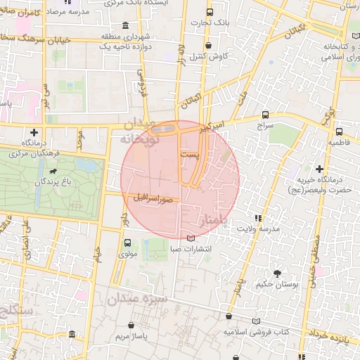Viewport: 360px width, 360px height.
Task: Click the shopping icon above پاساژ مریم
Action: [x=133, y=325]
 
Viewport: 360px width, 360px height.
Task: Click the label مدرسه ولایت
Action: [x=258, y=229]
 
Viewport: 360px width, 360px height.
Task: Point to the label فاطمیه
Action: [x=339, y=142]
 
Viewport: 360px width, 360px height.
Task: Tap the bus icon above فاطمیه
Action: [x=339, y=131]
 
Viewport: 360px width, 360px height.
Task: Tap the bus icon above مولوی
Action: [x=127, y=243]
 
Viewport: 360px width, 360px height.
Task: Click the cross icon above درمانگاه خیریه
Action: [x=320, y=169]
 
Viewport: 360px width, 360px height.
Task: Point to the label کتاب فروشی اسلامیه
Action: [x=257, y=331]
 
